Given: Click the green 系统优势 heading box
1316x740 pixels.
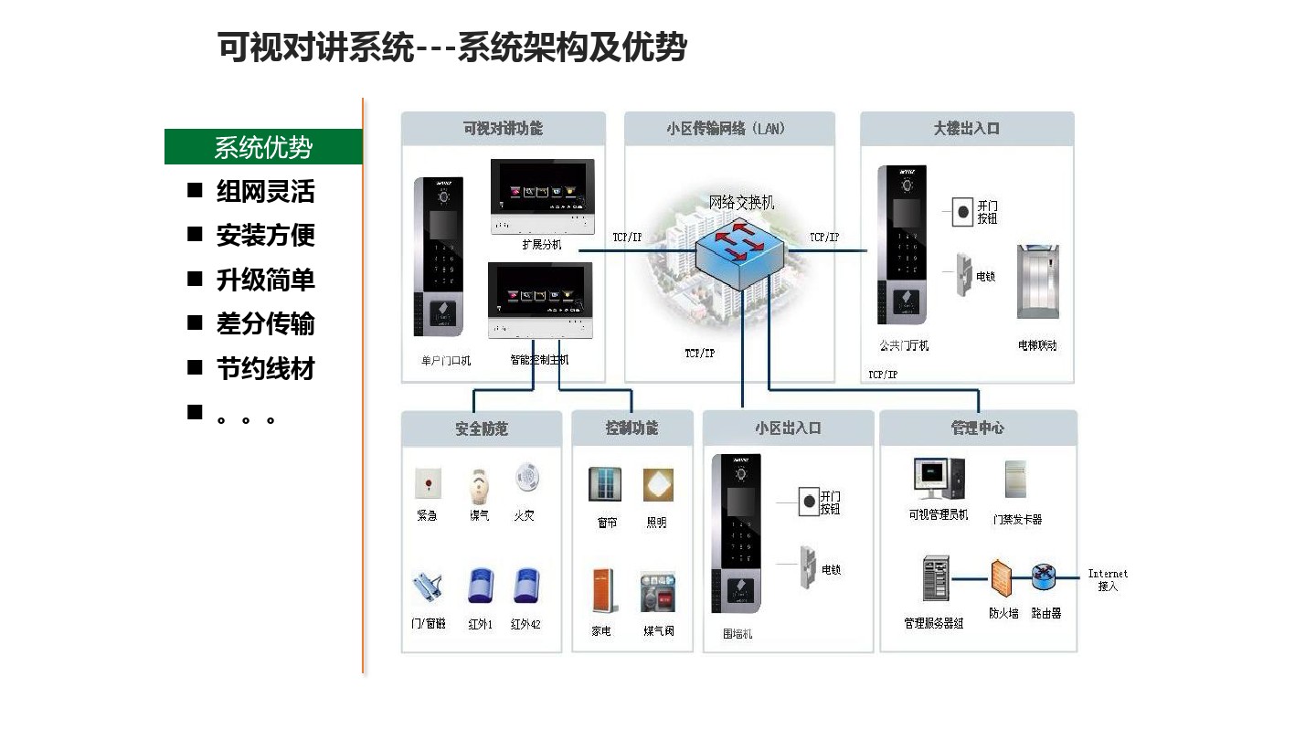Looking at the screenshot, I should coord(263,147).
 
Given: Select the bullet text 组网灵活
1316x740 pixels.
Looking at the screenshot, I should coord(265,192).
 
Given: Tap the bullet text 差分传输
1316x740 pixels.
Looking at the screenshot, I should coord(265,324).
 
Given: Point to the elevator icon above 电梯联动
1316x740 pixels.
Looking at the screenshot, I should coord(1037,280).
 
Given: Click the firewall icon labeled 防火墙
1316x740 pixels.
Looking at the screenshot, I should coord(1003,578).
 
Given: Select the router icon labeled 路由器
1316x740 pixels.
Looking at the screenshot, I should coord(1045,577).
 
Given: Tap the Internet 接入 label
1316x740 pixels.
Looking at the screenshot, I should coord(1108,580).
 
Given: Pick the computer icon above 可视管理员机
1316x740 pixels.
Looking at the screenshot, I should coord(938,480).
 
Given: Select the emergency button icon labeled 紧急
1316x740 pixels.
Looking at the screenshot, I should coord(427,481).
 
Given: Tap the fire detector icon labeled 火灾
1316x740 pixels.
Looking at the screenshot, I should coord(525,479).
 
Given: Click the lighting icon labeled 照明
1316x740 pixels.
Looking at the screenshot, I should coord(657,485).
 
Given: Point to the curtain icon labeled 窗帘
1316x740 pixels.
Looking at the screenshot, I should coord(605,485).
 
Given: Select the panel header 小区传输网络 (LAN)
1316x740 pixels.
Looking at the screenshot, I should coord(729,129).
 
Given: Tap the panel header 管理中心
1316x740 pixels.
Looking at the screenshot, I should coord(978,428).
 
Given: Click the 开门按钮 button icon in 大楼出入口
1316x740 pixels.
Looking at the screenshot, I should coord(961,211).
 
